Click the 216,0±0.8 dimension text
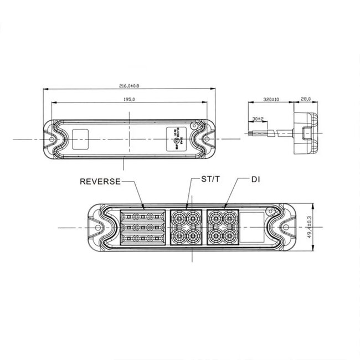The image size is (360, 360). [x=129, y=86]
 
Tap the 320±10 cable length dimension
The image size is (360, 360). [x=270, y=100]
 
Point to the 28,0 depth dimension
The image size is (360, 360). [x=306, y=100]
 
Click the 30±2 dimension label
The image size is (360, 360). [x=257, y=119]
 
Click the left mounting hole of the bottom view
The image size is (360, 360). [x=99, y=227]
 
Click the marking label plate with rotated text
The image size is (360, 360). [x=177, y=138]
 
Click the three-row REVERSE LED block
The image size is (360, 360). [x=143, y=228]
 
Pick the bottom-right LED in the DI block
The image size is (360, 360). [x=229, y=236]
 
